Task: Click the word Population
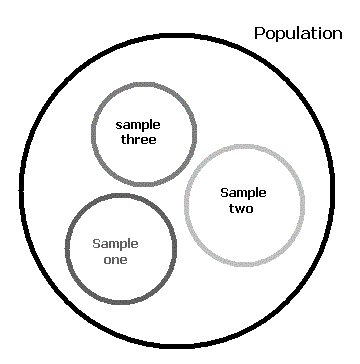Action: click(x=298, y=34)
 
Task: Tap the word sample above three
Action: click(x=138, y=126)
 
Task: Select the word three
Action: click(x=138, y=139)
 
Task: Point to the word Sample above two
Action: click(x=243, y=193)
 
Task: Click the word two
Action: click(x=241, y=208)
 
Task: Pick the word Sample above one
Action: click(x=115, y=244)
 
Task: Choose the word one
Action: click(x=115, y=260)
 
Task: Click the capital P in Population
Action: click(x=259, y=33)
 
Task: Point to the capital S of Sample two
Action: click(x=225, y=192)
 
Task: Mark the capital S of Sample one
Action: click(x=96, y=244)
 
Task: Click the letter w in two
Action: click(x=241, y=209)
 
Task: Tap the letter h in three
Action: click(x=131, y=139)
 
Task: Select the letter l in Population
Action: click(x=296, y=33)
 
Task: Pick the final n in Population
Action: click(x=338, y=35)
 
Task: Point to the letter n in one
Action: click(x=115, y=260)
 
